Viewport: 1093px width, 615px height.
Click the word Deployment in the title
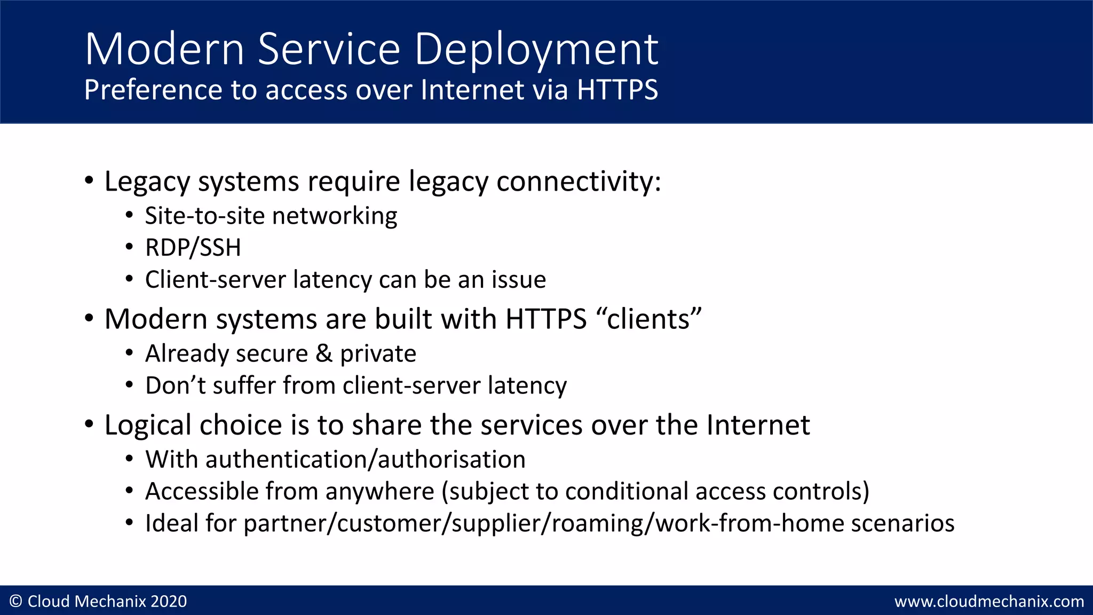[536, 50]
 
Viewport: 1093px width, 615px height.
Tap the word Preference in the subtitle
[152, 90]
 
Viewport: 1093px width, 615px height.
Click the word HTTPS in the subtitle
[617, 90]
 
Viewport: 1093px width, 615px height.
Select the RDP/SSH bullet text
[193, 248]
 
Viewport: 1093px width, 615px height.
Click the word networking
[335, 216]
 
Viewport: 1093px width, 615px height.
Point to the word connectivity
[579, 182]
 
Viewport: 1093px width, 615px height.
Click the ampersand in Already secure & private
[324, 353]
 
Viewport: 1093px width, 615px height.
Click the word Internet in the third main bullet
[758, 425]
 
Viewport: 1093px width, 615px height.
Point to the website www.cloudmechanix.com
[989, 602]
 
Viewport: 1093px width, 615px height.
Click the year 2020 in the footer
[169, 602]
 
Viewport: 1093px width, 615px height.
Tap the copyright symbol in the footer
[16, 602]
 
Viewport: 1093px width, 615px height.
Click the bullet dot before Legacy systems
[89, 180]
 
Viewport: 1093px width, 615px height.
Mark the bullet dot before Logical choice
[89, 424]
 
